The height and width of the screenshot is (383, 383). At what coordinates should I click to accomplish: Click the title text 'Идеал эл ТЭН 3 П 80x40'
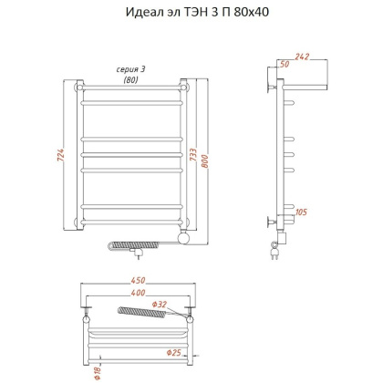pyautogui.click(x=191, y=13)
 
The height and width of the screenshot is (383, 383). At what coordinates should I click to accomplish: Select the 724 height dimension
pyautogui.click(x=60, y=157)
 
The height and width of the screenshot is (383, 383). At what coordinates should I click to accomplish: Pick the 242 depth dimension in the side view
pyautogui.click(x=302, y=57)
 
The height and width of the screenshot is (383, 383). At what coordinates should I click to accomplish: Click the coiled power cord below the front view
pyautogui.click(x=137, y=245)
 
